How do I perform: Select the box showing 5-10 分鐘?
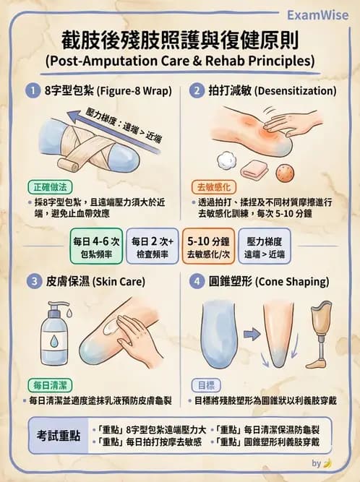[x=207, y=246]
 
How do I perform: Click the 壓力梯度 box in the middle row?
[x=265, y=246]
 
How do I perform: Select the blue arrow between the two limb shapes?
[x=251, y=334]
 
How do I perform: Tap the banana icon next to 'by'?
[x=327, y=463]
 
